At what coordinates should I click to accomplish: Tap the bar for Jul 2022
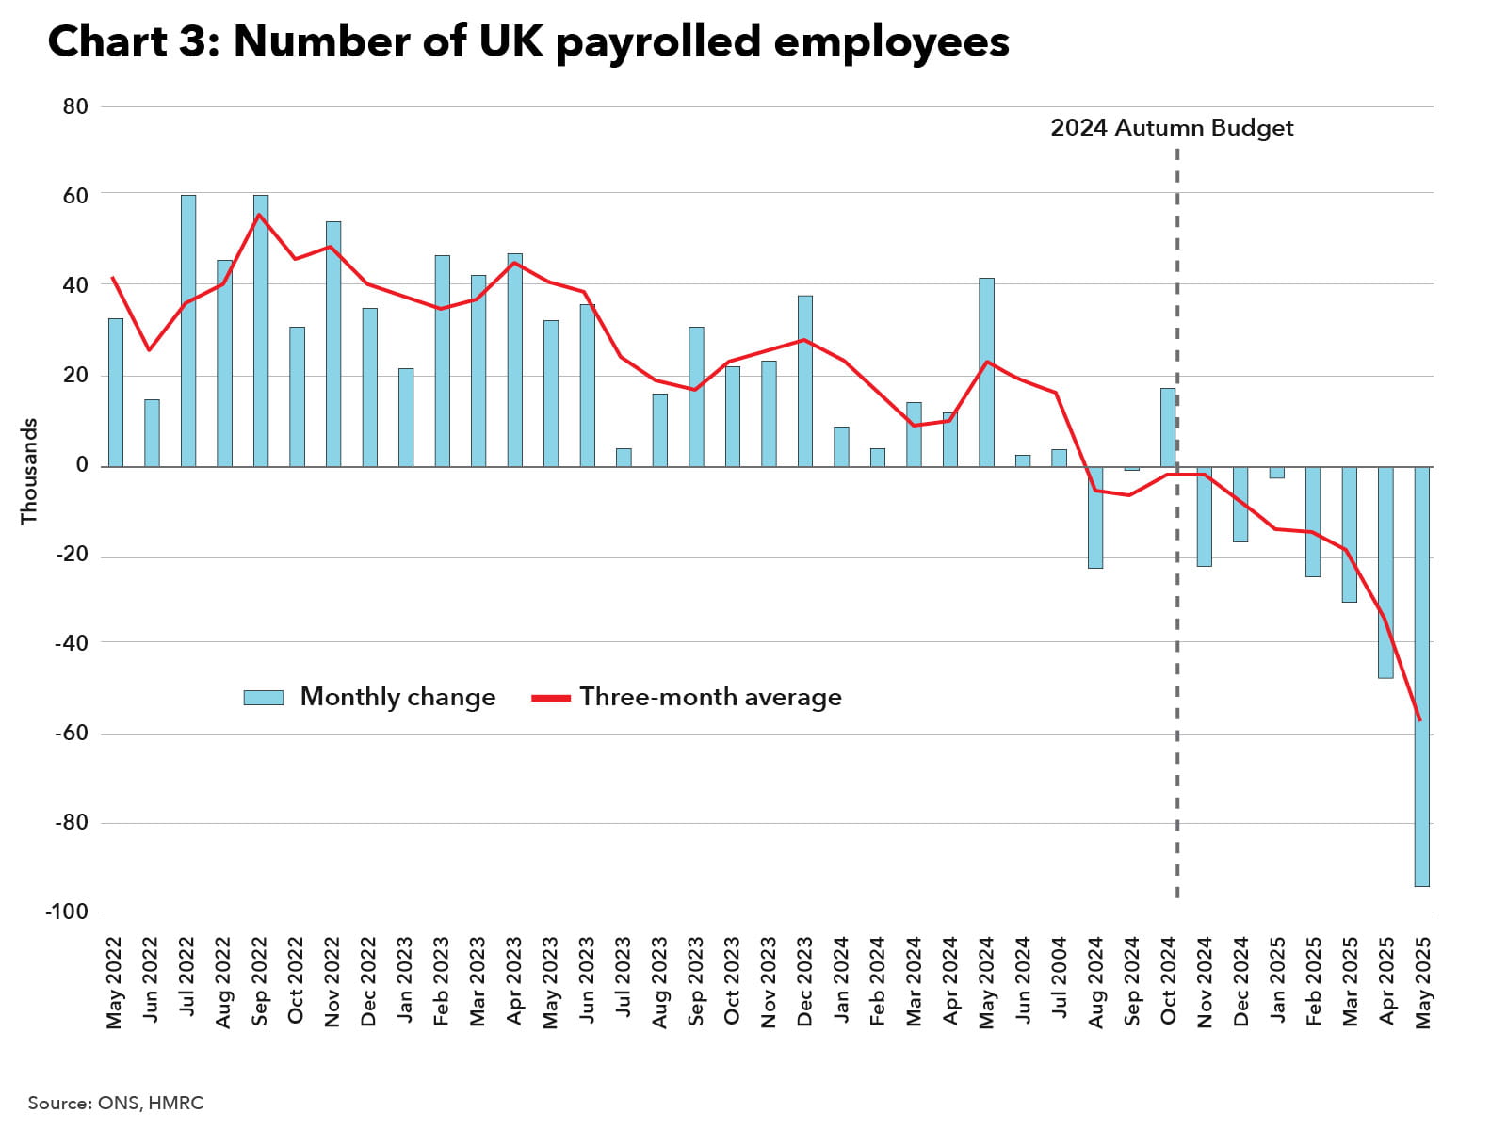coord(188,331)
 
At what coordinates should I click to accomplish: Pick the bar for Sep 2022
coord(261,331)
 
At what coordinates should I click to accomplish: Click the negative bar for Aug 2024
coord(1094,517)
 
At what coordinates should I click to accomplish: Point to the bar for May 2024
coord(986,372)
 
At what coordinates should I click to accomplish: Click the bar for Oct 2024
coord(1167,428)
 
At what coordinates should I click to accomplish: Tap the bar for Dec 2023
coord(804,380)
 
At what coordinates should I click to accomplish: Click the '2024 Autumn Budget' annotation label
coord(1172,128)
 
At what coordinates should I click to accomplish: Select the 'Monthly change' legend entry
coord(369,697)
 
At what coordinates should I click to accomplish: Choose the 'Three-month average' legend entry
coord(687,697)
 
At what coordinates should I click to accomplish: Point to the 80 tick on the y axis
coord(75,106)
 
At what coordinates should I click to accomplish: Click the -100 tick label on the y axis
coord(66,912)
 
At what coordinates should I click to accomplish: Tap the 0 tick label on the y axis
coord(82,465)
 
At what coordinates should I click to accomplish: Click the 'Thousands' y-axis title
coord(29,471)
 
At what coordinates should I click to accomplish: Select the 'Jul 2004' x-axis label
coord(1060,979)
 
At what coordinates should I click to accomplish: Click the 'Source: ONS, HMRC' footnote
coord(115,1103)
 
